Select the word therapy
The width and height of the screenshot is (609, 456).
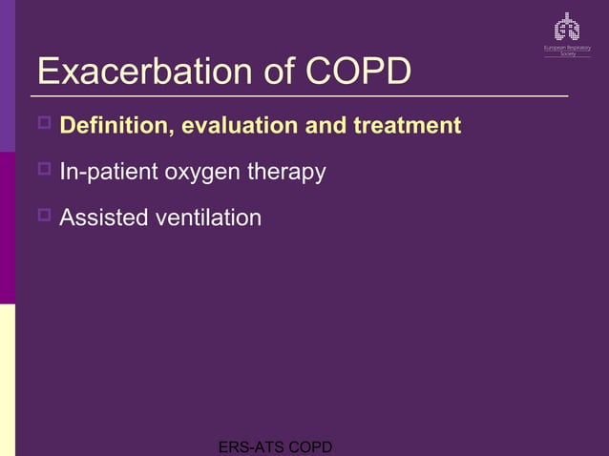coord(287,174)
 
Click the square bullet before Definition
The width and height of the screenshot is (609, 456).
coord(44,124)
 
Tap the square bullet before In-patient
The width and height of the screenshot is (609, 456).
coord(44,171)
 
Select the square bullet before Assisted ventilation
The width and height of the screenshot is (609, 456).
coord(44,216)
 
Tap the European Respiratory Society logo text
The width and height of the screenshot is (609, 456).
coord(567,50)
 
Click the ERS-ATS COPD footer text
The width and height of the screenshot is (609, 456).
coord(275,446)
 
